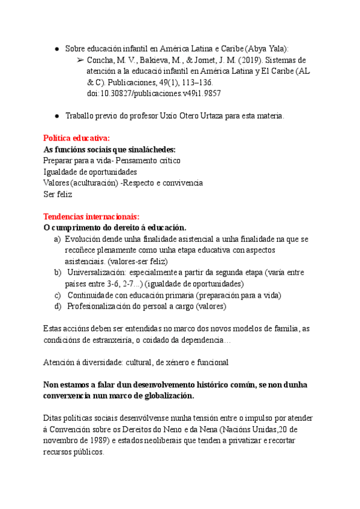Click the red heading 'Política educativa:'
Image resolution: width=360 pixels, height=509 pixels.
click(x=76, y=138)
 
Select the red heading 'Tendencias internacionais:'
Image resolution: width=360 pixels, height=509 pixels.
click(x=91, y=217)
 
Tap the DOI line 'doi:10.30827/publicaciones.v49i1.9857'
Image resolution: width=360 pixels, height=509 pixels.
click(x=154, y=94)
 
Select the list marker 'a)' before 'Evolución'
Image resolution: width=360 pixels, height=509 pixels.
click(x=58, y=239)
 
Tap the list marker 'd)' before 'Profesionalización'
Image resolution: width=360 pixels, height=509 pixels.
click(x=58, y=306)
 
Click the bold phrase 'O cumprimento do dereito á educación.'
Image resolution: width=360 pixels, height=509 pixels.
click(x=115, y=227)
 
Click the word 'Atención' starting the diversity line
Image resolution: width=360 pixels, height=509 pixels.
click(x=58, y=362)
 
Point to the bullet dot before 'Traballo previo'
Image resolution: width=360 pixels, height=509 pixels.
click(x=56, y=116)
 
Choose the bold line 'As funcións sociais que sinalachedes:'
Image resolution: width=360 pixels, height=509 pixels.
click(x=110, y=149)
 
